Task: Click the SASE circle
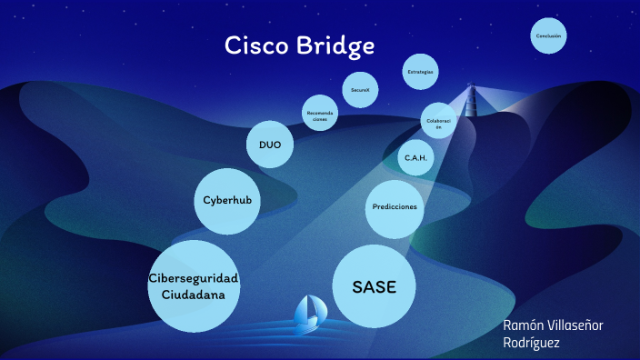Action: click(x=375, y=285)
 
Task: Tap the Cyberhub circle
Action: click(x=227, y=200)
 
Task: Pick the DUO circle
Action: click(x=270, y=145)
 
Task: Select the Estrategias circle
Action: click(x=421, y=71)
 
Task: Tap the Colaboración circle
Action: click(x=438, y=123)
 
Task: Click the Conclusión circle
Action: click(x=549, y=36)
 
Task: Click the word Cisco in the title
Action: click(x=255, y=45)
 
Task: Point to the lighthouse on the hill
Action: click(x=471, y=101)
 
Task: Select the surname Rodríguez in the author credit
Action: click(x=532, y=343)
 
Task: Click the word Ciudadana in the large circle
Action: click(x=193, y=295)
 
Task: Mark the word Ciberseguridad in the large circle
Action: click(x=193, y=277)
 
